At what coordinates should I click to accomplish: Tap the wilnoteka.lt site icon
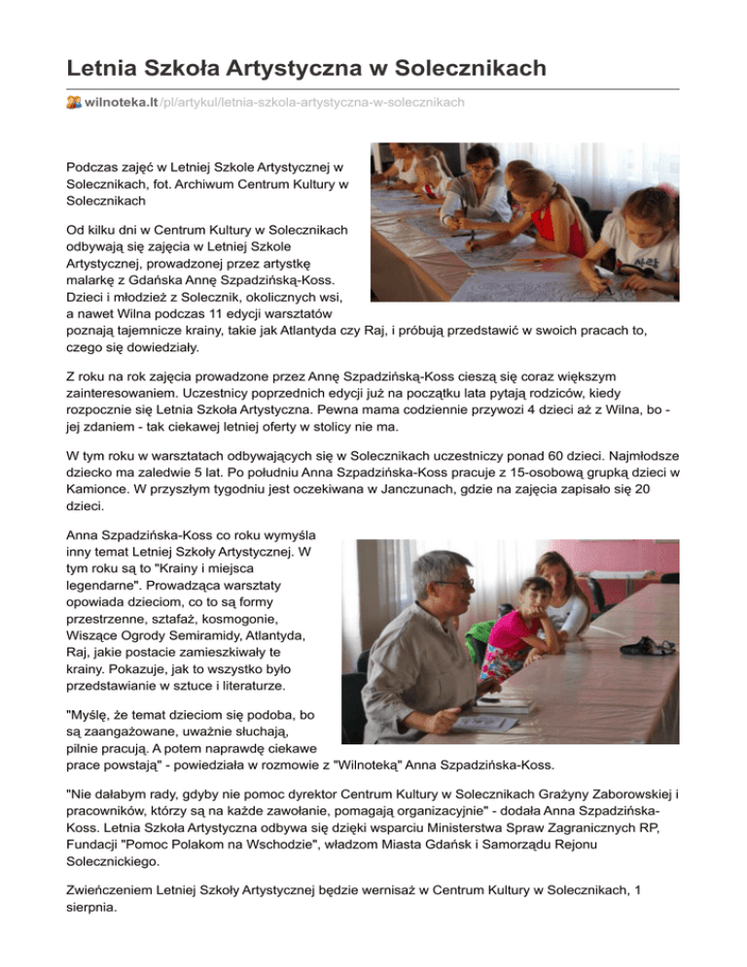coord(74,101)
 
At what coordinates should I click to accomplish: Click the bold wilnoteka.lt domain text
coord(122,101)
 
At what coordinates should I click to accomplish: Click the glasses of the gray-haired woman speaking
coord(454,583)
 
